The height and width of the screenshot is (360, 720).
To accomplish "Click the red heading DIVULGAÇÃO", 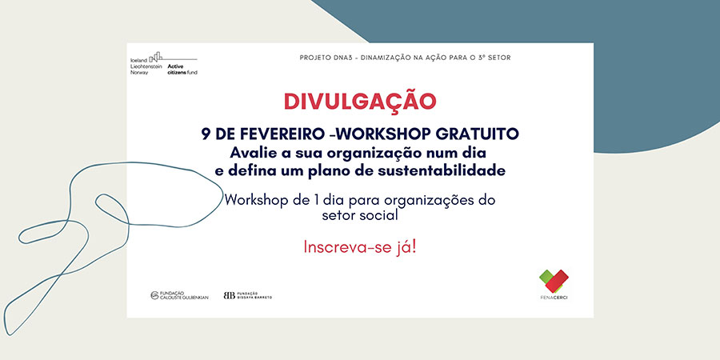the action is pos(359,101).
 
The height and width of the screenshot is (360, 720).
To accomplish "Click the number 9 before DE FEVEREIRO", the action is pos(206,134).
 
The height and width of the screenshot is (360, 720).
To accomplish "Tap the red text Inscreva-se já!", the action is pos(360,247).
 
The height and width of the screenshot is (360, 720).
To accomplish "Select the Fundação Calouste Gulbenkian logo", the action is pos(179,295).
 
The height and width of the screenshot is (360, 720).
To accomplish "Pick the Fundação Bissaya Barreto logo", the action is pos(248,295).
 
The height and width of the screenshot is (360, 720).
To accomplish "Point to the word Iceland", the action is pos(138,60).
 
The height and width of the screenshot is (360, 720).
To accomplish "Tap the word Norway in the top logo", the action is pos(139,73).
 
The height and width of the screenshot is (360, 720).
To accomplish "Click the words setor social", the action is pos(360,215).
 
